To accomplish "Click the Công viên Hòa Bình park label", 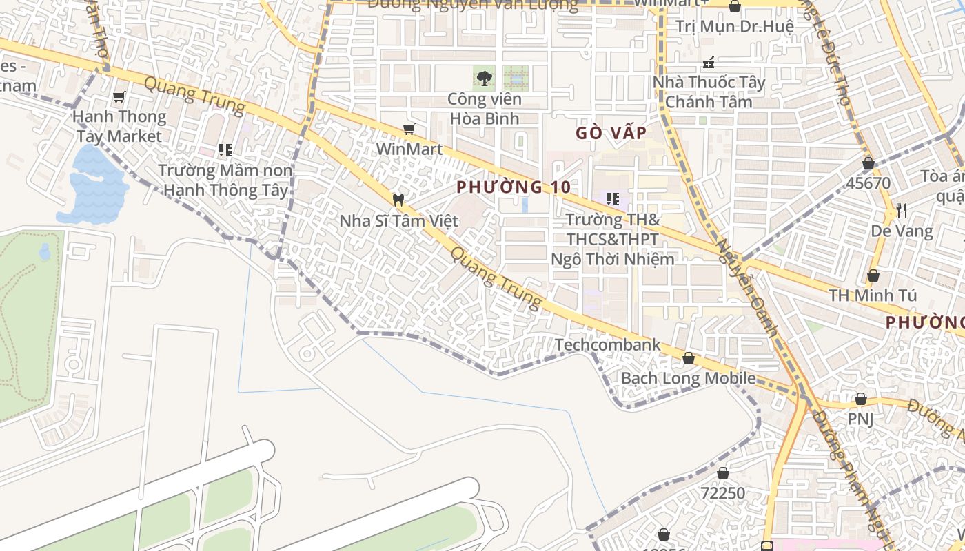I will coord(485,108).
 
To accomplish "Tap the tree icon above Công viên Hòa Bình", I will coord(485,78).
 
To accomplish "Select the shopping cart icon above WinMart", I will coord(409,129).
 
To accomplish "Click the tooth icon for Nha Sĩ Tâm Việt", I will coord(398,200).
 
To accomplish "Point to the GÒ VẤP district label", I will coord(611,133).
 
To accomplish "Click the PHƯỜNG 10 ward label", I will coord(514,187).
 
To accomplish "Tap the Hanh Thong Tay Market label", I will coord(119,126).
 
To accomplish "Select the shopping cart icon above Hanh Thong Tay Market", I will coord(119,97).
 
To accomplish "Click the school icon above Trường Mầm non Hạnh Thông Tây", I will coord(225,149).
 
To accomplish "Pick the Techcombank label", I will coord(607,344).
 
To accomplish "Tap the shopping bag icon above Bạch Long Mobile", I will coord(688,358).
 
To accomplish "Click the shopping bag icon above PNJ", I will coord(860,399).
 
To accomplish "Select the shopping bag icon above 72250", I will coord(722,473).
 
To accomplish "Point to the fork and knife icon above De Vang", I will coord(901,210).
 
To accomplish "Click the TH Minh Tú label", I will coord(873,295).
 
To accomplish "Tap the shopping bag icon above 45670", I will coord(868,163).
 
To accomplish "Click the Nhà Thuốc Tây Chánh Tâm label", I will coord(709,92).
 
